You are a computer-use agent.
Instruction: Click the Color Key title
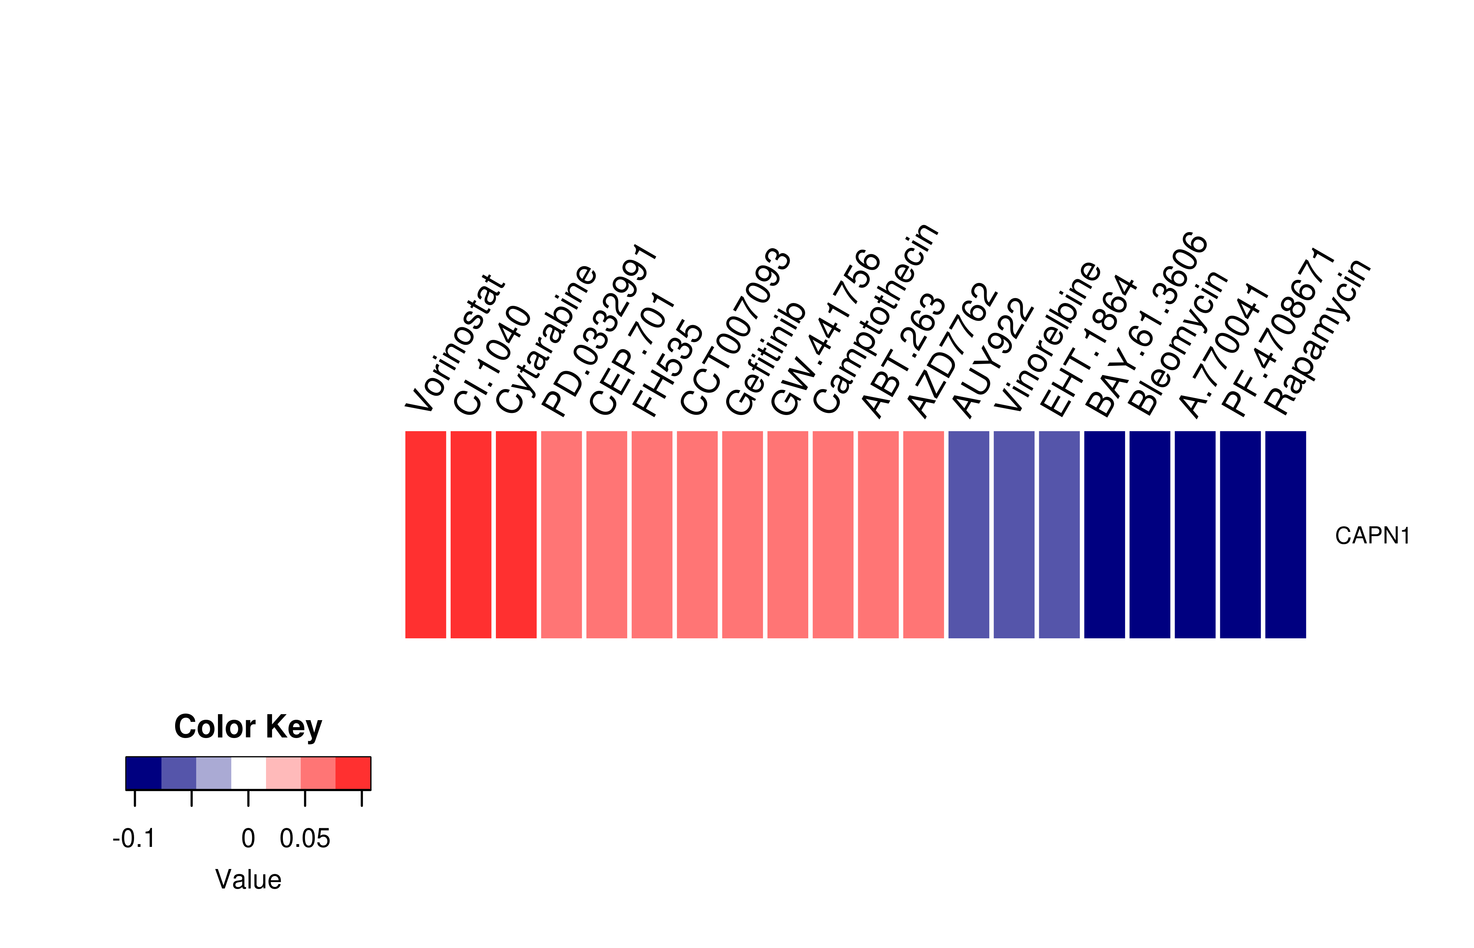coord(248,727)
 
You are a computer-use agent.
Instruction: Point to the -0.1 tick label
coord(134,838)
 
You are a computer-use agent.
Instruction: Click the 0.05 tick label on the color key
coord(305,838)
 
